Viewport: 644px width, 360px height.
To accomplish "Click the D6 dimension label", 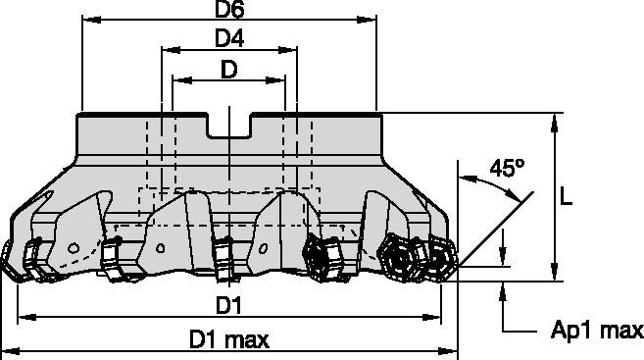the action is [229, 10].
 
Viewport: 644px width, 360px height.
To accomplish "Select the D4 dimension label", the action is [229, 39].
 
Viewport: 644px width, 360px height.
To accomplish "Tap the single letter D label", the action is [229, 70].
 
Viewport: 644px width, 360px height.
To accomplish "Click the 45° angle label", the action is [507, 168].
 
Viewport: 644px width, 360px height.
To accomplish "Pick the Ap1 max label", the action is [597, 330].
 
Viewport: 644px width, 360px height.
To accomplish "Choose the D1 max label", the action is [228, 340].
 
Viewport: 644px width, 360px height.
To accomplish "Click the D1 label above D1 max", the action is [228, 305].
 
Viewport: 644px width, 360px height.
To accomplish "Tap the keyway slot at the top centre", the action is [229, 125].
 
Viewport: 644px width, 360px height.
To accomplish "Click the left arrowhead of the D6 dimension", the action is [91, 20].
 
